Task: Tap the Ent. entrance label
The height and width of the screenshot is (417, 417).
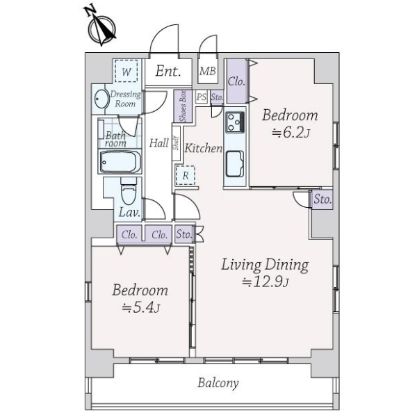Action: [168, 71]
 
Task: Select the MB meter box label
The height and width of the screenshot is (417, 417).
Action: [208, 71]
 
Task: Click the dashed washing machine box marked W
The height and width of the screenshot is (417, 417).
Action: [126, 71]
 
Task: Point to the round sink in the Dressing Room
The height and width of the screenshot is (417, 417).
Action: [102, 99]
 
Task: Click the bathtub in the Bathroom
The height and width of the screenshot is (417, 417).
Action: [120, 162]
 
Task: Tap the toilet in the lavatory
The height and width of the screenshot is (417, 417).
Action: [129, 191]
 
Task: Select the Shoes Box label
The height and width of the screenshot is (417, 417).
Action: [183, 106]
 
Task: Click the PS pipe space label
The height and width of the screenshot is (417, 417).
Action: [202, 97]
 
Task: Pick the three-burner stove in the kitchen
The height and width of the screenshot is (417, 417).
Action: [235, 122]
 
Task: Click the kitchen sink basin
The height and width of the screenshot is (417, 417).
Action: [235, 164]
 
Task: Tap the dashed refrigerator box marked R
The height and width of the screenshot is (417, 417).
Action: [186, 175]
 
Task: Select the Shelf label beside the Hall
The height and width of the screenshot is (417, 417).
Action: [176, 143]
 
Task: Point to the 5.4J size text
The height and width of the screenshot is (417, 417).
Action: [141, 308]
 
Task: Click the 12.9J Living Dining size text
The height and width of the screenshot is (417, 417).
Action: [265, 282]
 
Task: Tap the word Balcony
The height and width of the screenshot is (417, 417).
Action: [218, 383]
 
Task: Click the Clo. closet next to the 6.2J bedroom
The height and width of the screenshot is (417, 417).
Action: [236, 81]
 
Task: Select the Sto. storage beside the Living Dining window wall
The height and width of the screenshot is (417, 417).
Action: [322, 199]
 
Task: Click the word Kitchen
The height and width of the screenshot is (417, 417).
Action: [204, 148]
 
